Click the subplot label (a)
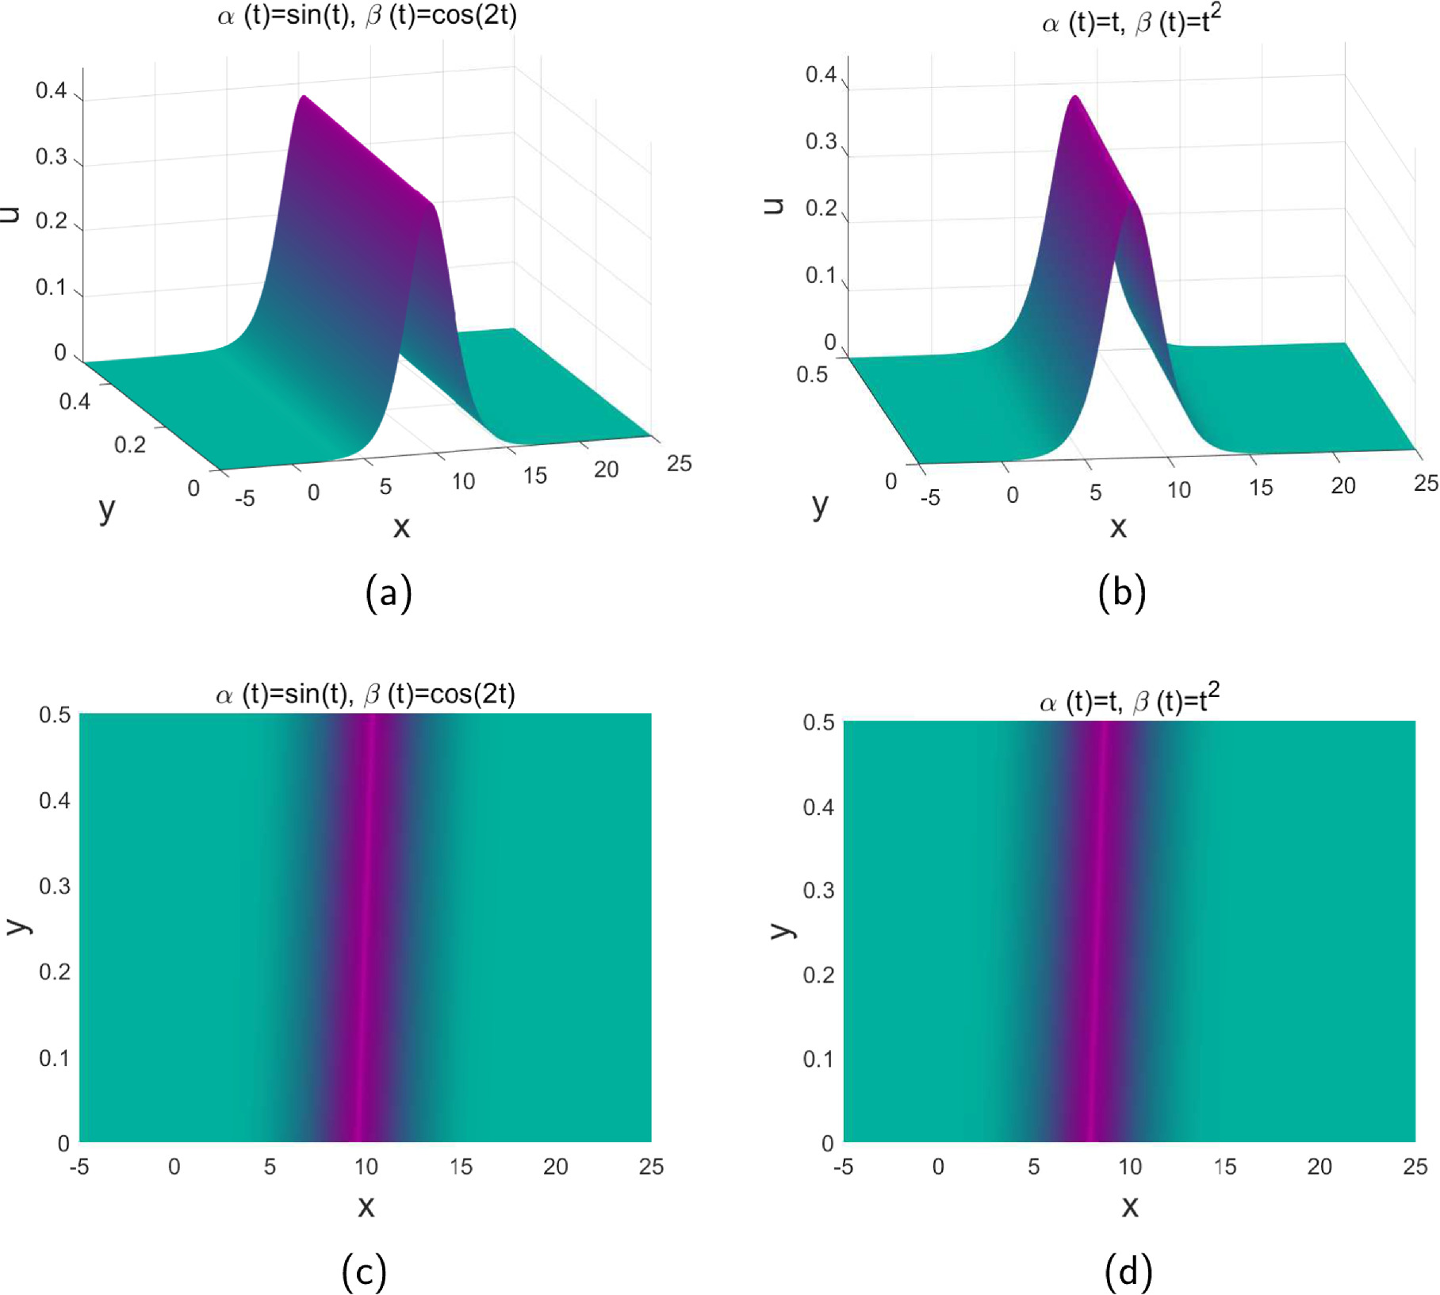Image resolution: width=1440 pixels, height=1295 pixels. (389, 592)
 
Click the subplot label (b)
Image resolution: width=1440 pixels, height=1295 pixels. (1122, 592)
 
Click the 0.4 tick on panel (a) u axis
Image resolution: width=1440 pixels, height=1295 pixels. (51, 90)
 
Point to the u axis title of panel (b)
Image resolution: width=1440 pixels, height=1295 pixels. (772, 206)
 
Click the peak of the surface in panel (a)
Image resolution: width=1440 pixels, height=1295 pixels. (304, 97)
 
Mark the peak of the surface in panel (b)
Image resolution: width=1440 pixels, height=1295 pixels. (1075, 97)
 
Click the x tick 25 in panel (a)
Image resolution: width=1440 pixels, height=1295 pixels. (679, 463)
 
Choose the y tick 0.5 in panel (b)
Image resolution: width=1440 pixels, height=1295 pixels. (811, 374)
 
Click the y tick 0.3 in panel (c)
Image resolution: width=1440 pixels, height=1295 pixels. (55, 886)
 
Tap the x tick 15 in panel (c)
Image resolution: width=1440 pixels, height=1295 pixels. (461, 1167)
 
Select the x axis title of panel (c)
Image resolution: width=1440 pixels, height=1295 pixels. (366, 1206)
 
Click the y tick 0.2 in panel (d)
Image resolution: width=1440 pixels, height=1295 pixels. (818, 974)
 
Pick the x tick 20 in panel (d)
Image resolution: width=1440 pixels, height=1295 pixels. (1319, 1167)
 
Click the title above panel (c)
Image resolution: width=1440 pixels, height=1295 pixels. (366, 694)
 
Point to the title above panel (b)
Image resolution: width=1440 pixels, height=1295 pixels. (1131, 21)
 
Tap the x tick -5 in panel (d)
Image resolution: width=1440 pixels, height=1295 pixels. (843, 1167)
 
